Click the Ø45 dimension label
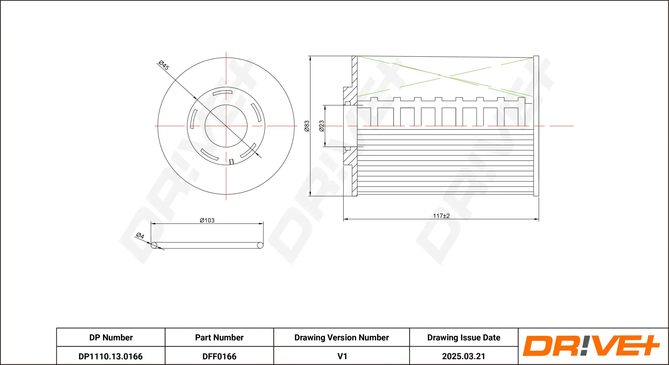point(164,65)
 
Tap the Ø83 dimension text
point(307,126)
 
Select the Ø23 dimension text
point(321,126)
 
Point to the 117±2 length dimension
point(441,216)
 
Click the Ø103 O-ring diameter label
point(207,220)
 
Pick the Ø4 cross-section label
point(140,236)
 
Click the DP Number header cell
point(111,337)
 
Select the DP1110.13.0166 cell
point(111,356)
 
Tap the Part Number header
point(219,337)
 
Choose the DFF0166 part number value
point(219,356)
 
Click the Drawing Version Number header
point(341,337)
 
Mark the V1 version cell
point(342,356)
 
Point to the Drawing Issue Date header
point(463,337)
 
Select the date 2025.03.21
point(463,356)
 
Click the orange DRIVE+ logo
point(591,346)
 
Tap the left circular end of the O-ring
point(154,245)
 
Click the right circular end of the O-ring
point(260,245)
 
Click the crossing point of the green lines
point(445,76)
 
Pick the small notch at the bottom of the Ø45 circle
point(232,161)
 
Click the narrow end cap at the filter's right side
point(536,126)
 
